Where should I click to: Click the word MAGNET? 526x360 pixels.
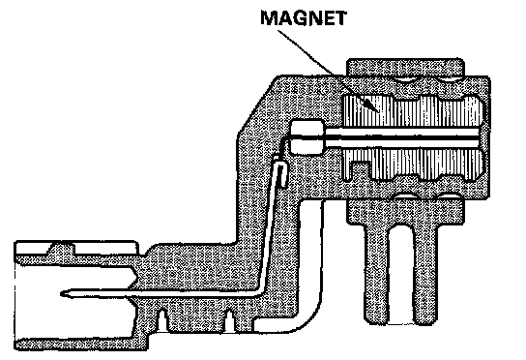coord(304,18)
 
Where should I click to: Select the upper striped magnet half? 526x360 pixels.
coord(414,111)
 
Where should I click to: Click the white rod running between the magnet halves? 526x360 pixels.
coord(402,137)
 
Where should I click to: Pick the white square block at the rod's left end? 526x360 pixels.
coord(307,137)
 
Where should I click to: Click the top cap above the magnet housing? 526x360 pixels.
coord(405,68)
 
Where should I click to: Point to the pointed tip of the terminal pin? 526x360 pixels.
coord(62,294)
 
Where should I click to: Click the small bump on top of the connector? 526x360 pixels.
coord(62,249)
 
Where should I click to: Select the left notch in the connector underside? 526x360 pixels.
coord(162,320)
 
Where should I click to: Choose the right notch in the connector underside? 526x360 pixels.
coord(230,320)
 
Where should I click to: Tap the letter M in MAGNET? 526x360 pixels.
coord(269,18)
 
